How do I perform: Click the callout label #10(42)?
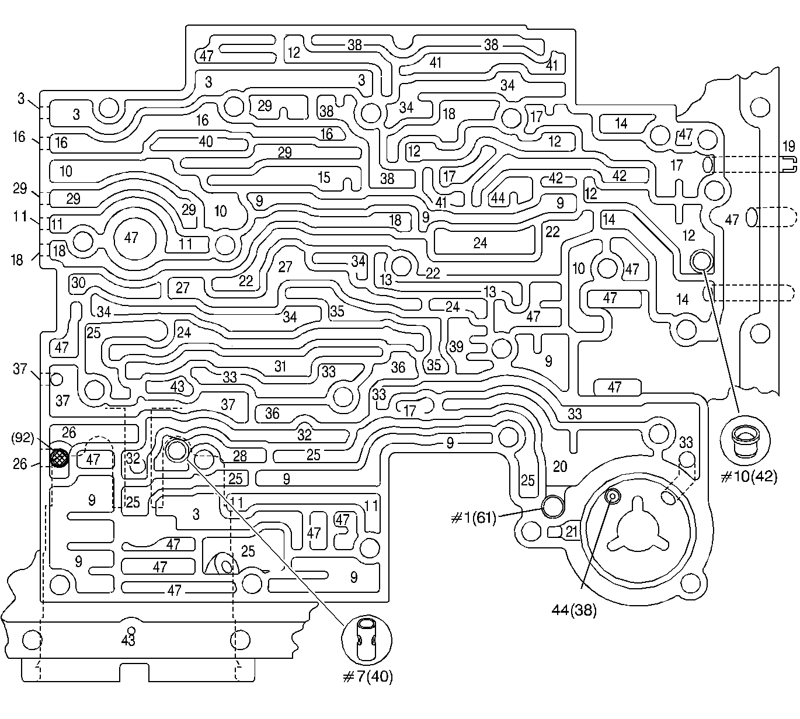[749, 477]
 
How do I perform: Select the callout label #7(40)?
[367, 676]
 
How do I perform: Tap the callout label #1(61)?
[473, 517]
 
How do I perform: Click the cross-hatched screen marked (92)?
[58, 457]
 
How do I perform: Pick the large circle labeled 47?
[132, 237]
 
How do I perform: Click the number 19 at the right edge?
[788, 146]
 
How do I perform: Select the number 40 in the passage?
[206, 141]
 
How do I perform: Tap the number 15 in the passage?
[324, 177]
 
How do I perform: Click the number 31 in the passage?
[281, 366]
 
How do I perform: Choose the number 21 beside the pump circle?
[571, 531]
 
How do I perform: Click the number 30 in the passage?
[78, 283]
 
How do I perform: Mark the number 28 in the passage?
[240, 456]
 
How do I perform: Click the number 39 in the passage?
[456, 346]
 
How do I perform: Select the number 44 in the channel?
[498, 198]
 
